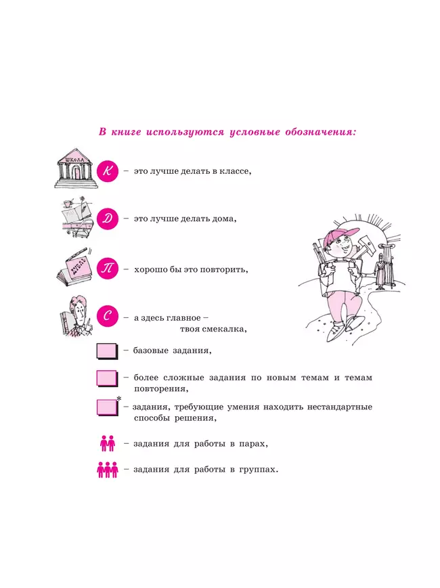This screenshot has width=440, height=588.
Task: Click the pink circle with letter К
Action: click(x=108, y=172)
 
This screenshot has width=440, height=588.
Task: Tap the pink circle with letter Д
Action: click(x=108, y=219)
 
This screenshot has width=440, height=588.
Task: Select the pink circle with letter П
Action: click(x=108, y=269)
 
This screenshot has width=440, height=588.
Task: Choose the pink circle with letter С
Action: click(x=108, y=317)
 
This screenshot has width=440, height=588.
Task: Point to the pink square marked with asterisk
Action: click(x=107, y=407)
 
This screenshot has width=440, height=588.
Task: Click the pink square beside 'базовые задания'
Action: click(x=107, y=350)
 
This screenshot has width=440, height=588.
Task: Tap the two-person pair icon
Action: click(x=108, y=443)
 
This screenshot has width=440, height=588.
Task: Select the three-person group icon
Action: click(x=108, y=469)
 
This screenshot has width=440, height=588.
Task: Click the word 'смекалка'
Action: click(x=223, y=330)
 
